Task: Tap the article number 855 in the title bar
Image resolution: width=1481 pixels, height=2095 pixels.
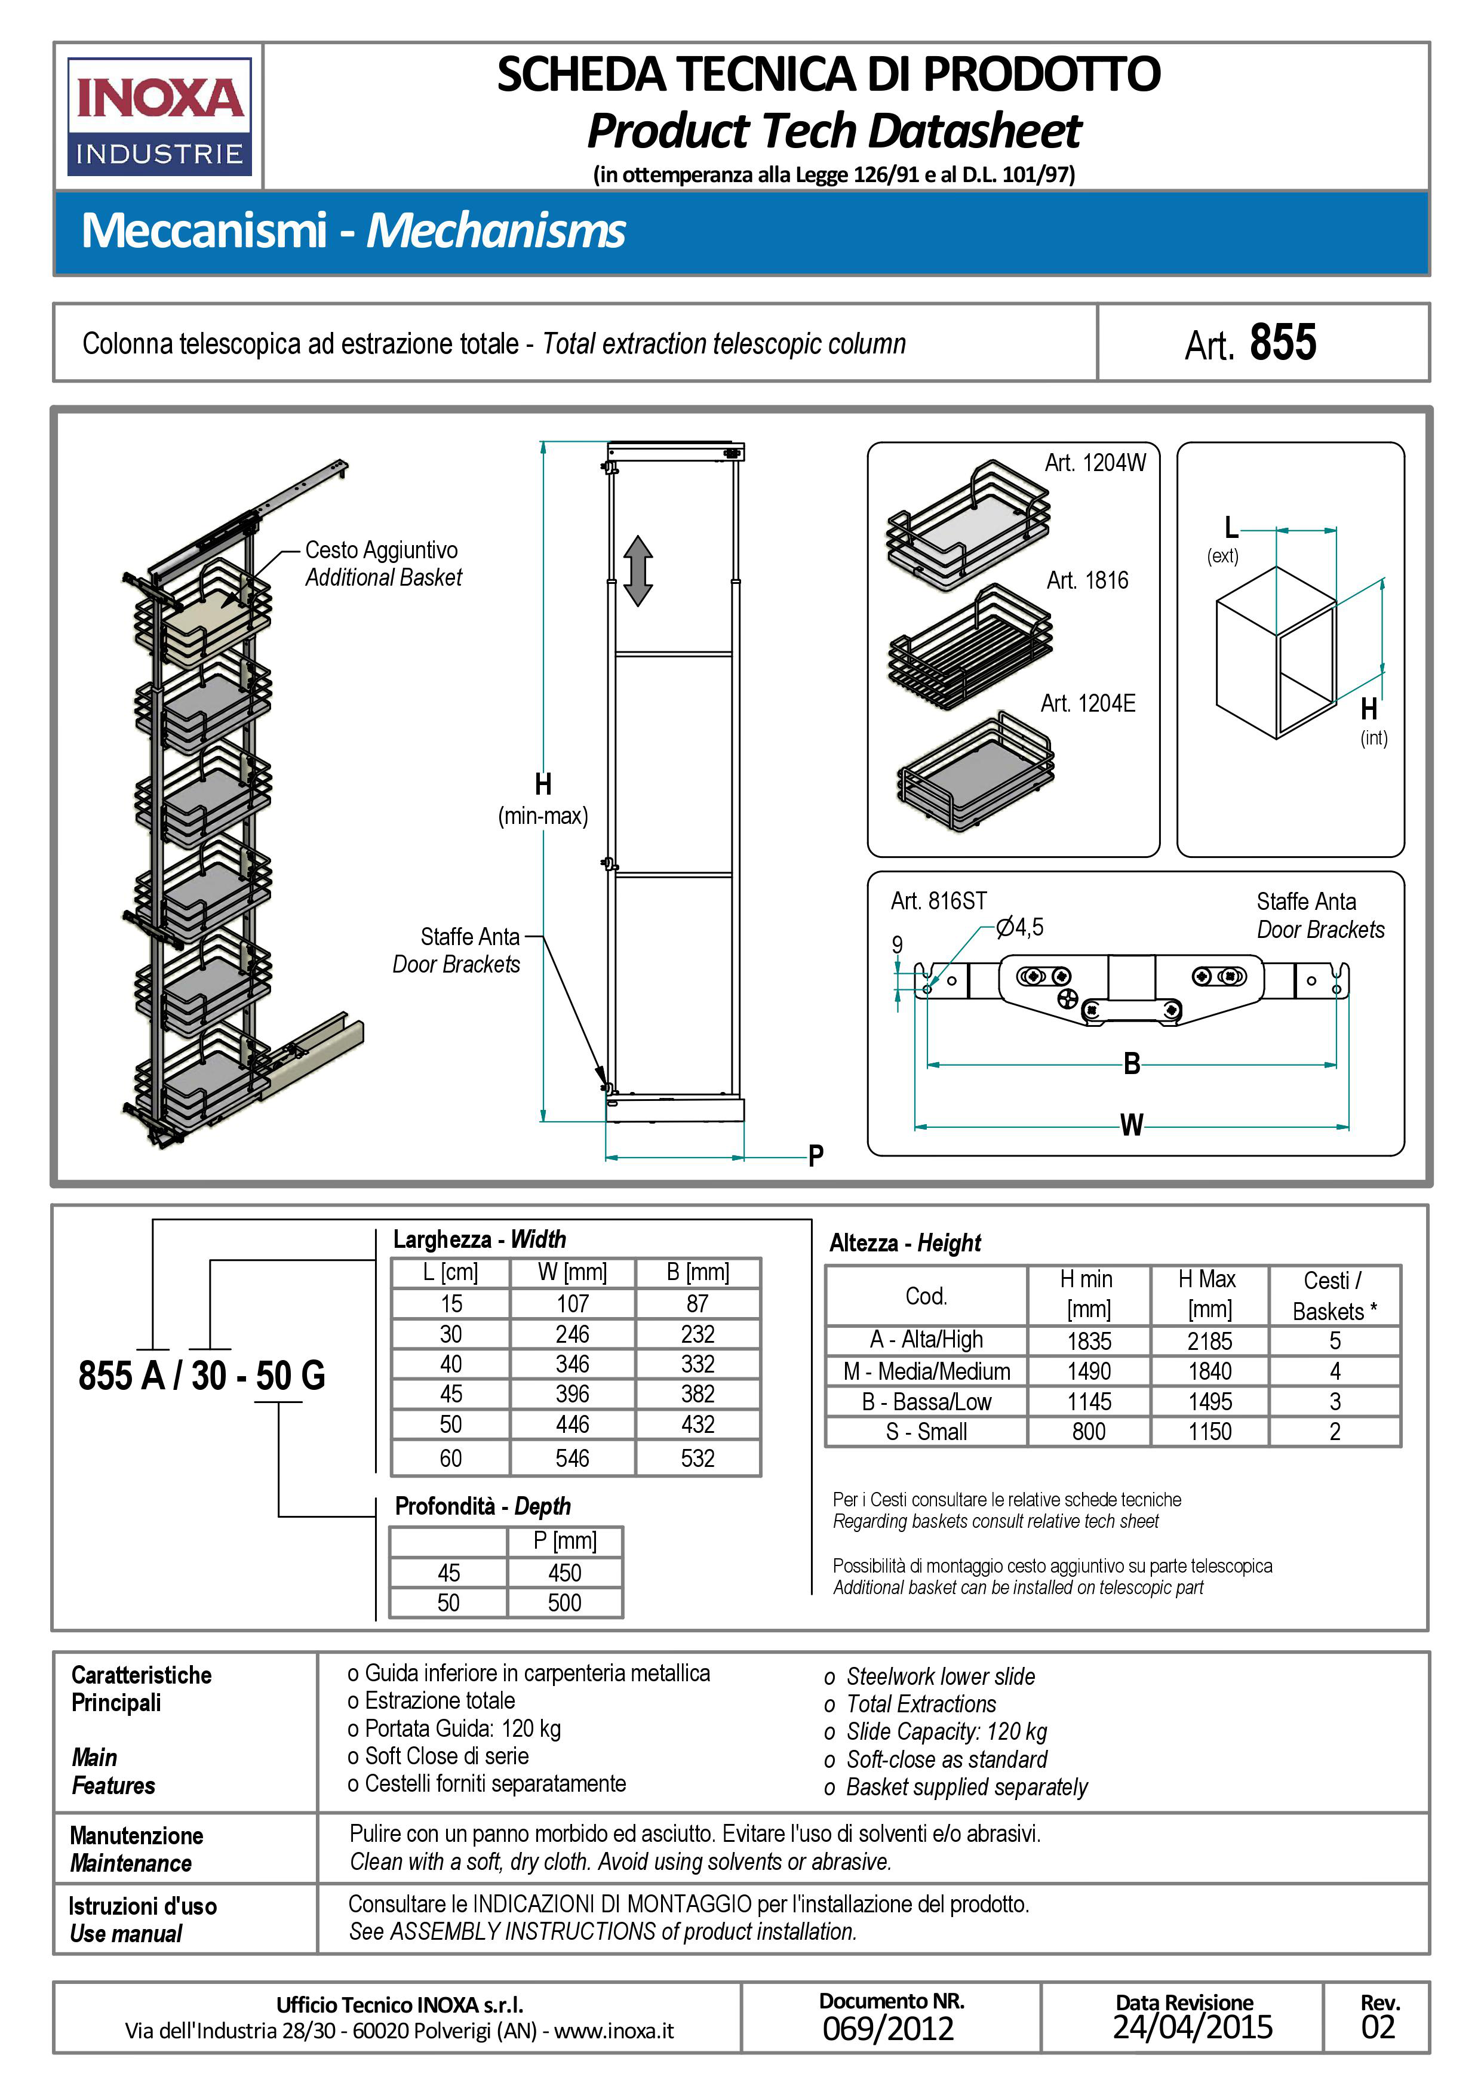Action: [1282, 343]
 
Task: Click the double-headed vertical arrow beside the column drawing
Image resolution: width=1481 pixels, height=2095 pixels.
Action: [638, 570]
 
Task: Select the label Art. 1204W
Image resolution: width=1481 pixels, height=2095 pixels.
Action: [1095, 463]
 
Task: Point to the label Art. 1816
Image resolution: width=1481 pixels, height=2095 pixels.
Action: [1087, 580]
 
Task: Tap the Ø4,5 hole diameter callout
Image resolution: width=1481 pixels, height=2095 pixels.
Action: [1020, 928]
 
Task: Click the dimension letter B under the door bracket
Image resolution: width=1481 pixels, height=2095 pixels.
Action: [1132, 1064]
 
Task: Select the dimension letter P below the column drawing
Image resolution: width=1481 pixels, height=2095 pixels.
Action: [816, 1156]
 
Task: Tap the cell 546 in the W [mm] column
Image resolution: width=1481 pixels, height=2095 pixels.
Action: [572, 1458]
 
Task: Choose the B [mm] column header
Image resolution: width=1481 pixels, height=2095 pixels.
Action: [697, 1272]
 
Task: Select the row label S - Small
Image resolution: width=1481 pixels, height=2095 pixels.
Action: [926, 1432]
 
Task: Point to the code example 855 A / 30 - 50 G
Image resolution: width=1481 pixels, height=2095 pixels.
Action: [202, 1375]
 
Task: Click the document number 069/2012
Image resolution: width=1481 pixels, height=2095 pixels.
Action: [888, 2028]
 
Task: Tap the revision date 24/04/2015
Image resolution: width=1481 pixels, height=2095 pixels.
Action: [1192, 2026]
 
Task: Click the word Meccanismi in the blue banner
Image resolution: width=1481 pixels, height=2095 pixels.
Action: [204, 230]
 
